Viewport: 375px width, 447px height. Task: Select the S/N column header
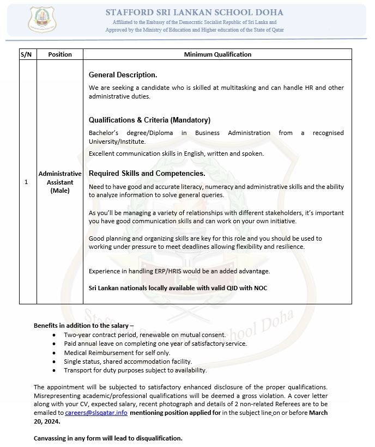(27, 54)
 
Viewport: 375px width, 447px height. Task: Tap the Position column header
(59, 54)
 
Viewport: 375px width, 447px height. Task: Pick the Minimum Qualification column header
(217, 54)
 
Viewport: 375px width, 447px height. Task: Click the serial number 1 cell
(27, 182)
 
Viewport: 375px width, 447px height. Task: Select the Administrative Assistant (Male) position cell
(59, 182)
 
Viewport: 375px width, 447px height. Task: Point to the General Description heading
(123, 75)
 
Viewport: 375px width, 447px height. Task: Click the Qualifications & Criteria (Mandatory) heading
(149, 120)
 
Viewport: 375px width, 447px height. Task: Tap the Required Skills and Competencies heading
(147, 173)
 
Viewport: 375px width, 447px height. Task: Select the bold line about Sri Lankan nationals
(178, 287)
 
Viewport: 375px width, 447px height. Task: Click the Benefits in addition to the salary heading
(80, 325)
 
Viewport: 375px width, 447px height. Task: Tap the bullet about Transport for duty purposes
(135, 370)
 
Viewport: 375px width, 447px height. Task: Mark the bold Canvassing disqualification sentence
(108, 438)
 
